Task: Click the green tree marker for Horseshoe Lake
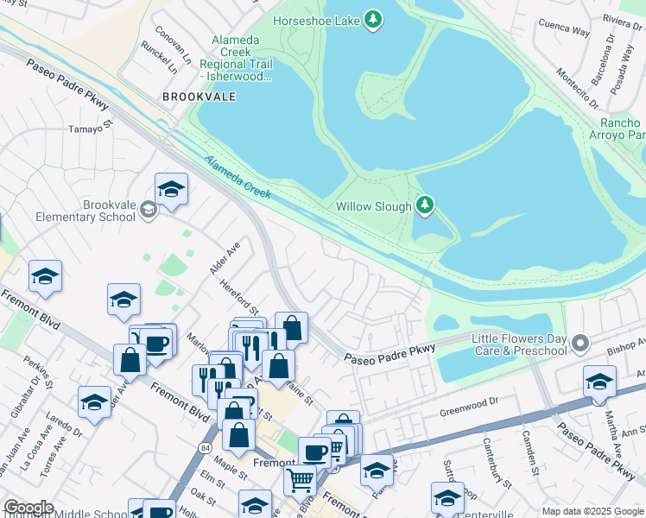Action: (373, 20)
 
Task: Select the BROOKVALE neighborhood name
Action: (199, 97)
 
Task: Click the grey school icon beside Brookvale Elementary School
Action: (148, 209)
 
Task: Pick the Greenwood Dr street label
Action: (470, 401)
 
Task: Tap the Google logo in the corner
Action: (28, 508)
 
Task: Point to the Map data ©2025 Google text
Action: (592, 511)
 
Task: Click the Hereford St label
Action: (239, 296)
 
